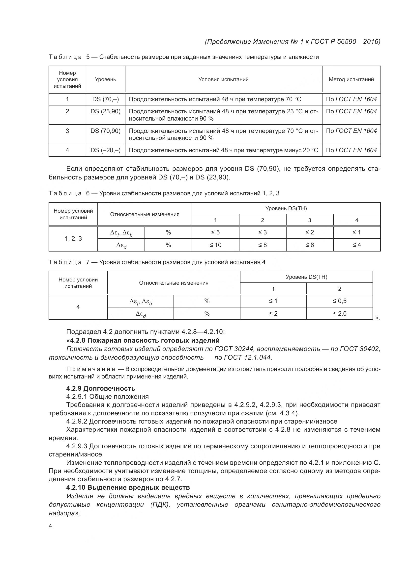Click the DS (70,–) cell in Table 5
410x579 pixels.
tap(105, 99)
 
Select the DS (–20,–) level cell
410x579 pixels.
tap(105, 150)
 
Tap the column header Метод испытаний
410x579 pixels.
tap(351, 79)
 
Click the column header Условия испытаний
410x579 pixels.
tap(223, 79)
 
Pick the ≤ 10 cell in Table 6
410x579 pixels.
tap(215, 245)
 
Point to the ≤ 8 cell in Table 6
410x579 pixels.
tap(262, 245)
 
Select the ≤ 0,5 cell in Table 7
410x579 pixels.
tap(339, 301)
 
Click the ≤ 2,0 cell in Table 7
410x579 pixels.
tap(339, 313)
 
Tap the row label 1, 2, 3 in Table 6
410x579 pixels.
tap(73, 239)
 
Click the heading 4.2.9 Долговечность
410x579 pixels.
tap(100, 388)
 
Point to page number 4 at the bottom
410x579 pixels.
tap(50, 526)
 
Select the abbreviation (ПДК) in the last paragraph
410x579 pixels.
tap(160, 504)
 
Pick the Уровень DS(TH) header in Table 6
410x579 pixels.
tap(286, 208)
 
